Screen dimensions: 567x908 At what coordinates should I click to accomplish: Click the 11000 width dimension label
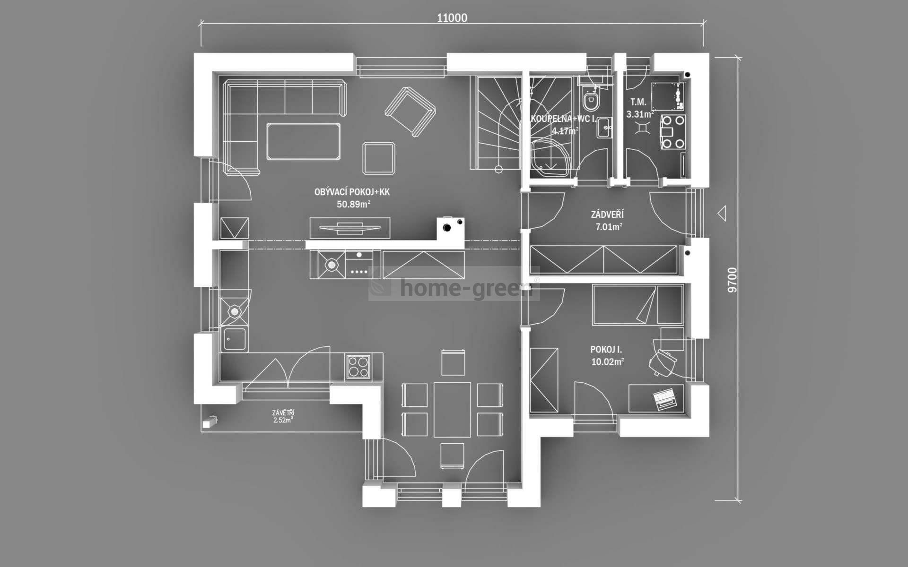[452, 18]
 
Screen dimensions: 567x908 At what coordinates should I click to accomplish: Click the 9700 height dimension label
[732, 280]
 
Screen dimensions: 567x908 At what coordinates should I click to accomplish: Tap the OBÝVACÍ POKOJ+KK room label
[352, 192]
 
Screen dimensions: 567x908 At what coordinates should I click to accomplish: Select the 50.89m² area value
[353, 205]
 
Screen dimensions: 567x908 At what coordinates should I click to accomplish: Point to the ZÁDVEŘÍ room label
[607, 215]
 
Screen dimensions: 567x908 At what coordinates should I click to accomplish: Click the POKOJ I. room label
[606, 350]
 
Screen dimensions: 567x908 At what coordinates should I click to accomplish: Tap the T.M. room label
[638, 102]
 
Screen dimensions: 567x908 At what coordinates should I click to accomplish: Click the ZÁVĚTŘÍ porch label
[283, 412]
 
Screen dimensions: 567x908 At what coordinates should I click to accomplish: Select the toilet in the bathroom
[589, 100]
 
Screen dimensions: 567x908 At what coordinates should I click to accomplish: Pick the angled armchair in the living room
[410, 112]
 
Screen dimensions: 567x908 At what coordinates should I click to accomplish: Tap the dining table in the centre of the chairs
[452, 410]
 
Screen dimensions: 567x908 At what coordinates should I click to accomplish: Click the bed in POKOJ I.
[637, 305]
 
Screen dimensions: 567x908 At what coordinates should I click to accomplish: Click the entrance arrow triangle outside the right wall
[722, 214]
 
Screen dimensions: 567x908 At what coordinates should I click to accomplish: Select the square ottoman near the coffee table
[378, 158]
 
